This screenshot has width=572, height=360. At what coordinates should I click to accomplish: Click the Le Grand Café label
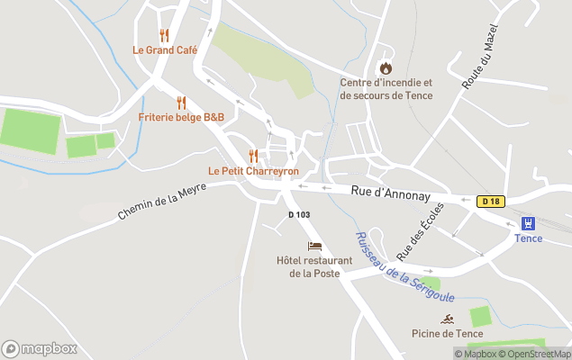[x=165, y=50]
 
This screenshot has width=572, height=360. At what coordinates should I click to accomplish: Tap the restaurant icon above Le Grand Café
[x=164, y=36]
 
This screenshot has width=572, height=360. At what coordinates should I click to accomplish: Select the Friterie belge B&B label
[x=181, y=117]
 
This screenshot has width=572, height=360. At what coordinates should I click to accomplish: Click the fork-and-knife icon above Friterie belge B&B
[x=181, y=103]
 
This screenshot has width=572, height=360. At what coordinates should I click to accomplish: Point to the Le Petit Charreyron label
[x=253, y=170]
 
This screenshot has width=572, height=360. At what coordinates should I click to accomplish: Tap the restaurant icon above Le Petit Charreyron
[x=253, y=156]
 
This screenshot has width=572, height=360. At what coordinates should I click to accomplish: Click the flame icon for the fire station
[x=386, y=68]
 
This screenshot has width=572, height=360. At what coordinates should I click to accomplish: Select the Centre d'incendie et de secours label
[x=386, y=89]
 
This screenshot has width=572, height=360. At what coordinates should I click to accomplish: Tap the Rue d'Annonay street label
[x=390, y=191]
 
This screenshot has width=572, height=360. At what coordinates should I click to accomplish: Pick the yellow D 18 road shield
[x=490, y=202]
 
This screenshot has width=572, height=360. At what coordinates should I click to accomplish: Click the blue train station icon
[x=529, y=222]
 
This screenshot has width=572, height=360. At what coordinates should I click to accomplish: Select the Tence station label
[x=529, y=238]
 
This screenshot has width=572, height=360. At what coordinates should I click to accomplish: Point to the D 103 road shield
[x=299, y=214]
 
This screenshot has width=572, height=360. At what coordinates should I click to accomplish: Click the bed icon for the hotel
[x=314, y=246]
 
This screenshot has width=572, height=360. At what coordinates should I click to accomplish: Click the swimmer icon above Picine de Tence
[x=447, y=319]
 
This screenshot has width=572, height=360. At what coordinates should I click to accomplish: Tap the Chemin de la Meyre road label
[x=162, y=201]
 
